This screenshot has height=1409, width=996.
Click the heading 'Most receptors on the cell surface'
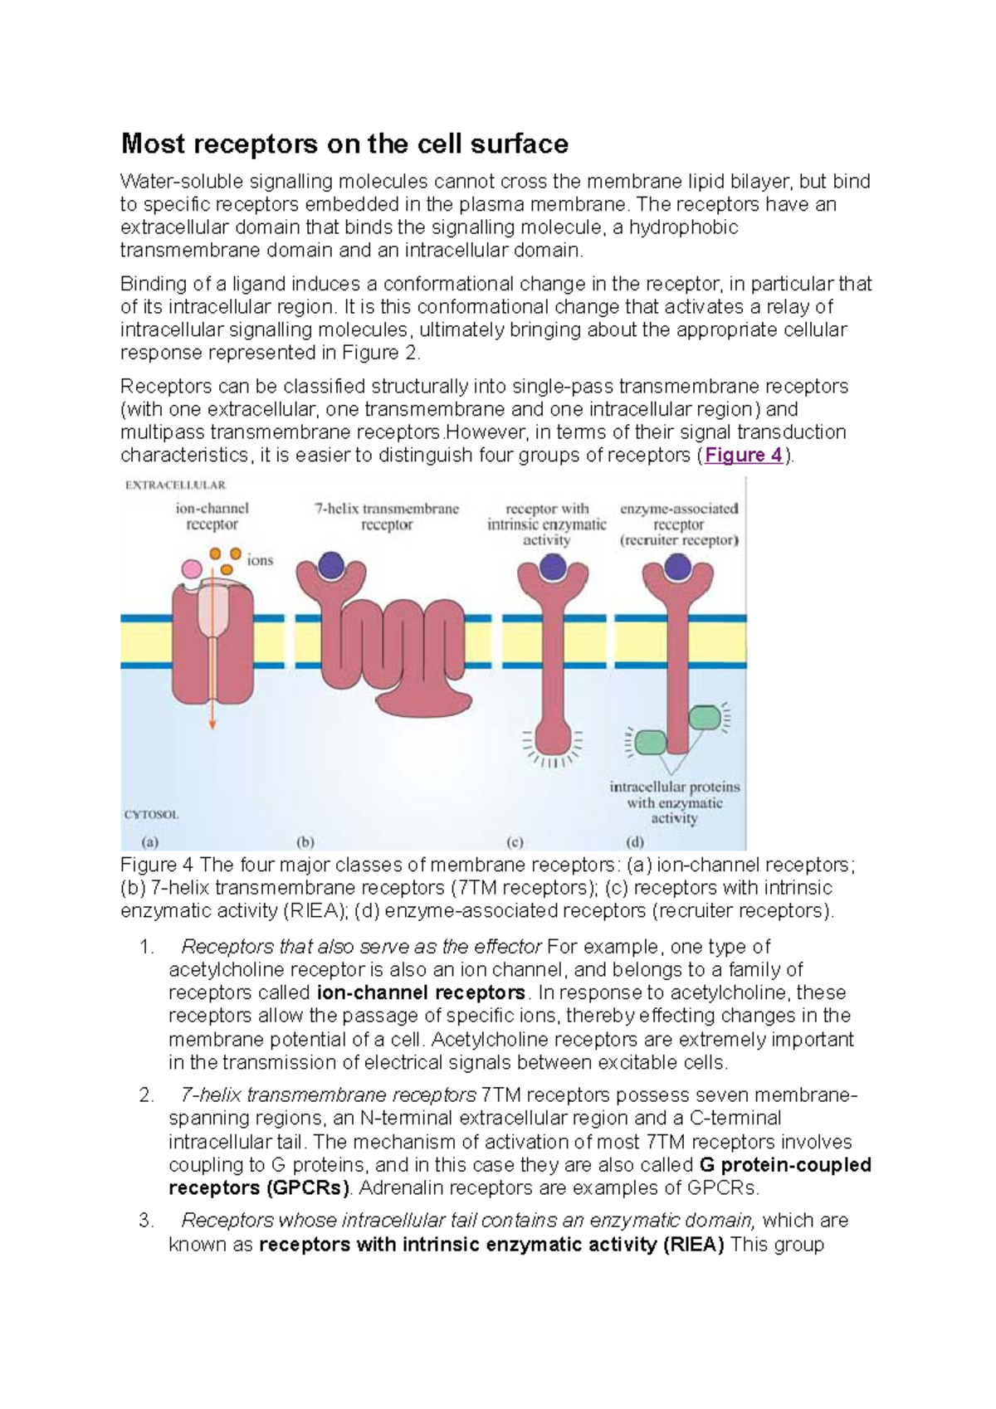pos(344,144)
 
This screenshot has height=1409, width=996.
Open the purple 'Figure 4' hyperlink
pos(743,455)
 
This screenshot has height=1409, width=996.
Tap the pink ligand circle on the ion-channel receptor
pos(192,568)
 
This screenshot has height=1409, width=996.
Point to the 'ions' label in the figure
pos(260,560)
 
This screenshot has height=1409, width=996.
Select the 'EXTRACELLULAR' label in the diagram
pos(175,485)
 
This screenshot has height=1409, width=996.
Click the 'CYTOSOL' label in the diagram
pos(151,814)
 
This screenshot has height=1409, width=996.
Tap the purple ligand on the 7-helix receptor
pos(331,565)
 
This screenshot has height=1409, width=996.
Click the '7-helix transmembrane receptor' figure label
pos(387,516)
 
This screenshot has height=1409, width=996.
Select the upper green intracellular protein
pos(705,716)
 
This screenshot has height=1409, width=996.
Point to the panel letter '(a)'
pos(149,841)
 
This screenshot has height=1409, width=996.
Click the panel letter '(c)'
pos(515,841)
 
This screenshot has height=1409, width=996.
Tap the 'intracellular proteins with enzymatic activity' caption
pos(674,802)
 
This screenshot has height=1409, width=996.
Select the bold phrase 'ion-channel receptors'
pos(421,992)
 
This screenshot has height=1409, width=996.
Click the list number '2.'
pos(147,1095)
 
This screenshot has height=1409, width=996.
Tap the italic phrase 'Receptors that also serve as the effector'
pos(361,947)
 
